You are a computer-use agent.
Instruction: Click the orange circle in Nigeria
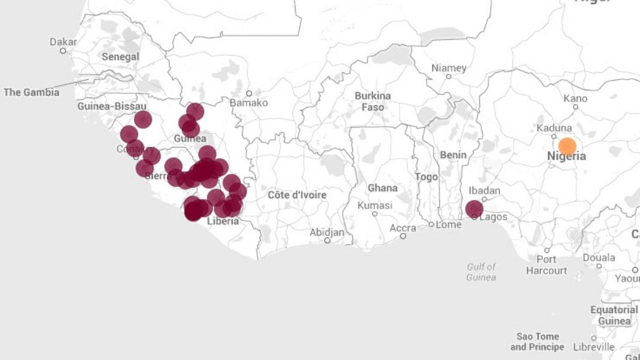[567, 146]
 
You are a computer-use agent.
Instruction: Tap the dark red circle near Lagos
[474, 209]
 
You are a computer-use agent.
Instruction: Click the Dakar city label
[63, 42]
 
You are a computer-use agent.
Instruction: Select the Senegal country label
[121, 57]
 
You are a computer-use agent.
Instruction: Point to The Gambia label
[32, 92]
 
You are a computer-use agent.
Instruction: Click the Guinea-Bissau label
[112, 106]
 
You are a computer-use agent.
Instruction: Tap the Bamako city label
[248, 103]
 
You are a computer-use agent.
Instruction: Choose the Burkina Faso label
[373, 101]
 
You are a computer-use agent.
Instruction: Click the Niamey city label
[448, 68]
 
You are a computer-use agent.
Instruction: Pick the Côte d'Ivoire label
[297, 195]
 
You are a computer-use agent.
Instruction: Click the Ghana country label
[383, 188]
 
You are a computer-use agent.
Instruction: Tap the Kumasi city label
[374, 205]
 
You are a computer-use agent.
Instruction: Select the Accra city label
[403, 228]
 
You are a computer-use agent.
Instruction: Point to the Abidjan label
[327, 232]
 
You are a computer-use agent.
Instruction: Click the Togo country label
[426, 176]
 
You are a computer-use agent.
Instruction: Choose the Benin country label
[453, 155]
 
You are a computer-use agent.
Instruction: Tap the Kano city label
[575, 98]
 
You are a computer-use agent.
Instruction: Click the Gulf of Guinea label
[481, 272]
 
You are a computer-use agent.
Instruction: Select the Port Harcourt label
[546, 265]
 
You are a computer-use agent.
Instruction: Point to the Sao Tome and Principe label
[537, 341]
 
